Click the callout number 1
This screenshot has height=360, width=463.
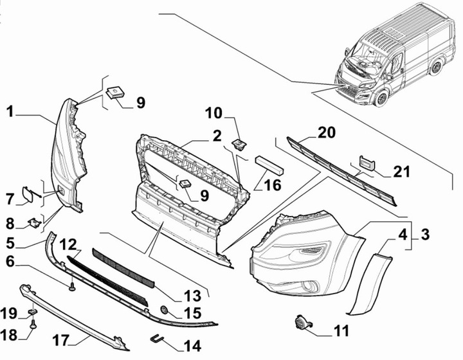point(10,113)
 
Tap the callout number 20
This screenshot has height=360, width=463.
point(327,133)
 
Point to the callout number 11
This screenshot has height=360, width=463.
point(341,331)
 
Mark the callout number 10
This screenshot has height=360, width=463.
point(214,114)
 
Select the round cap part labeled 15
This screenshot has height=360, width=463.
point(164,310)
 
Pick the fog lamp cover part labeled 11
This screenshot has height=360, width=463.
point(301,321)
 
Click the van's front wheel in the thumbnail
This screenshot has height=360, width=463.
point(382,98)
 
